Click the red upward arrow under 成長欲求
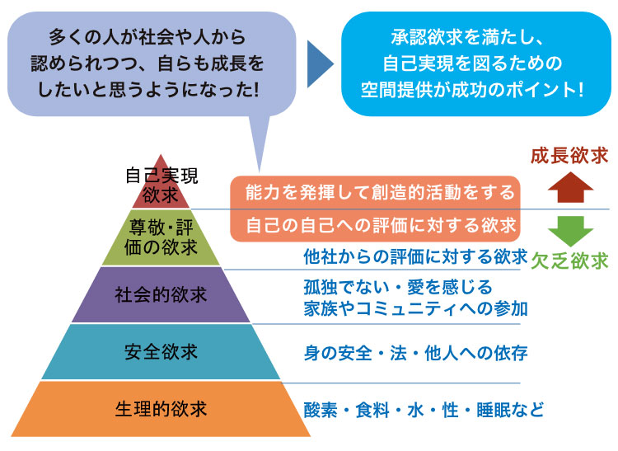570,187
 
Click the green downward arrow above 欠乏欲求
570,232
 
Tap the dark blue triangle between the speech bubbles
320,63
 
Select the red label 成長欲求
569,156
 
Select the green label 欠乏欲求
569,261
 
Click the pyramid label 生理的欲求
161,409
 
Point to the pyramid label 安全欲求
161,352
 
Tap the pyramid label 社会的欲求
161,294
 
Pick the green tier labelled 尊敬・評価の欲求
161,237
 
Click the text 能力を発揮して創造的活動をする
380,192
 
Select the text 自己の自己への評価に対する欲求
381,225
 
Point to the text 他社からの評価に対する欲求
415,256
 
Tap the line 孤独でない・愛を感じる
398,287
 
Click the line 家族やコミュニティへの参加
415,308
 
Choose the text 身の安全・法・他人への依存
415,353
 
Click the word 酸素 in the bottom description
321,410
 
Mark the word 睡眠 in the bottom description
493,410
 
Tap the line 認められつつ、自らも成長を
147,63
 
